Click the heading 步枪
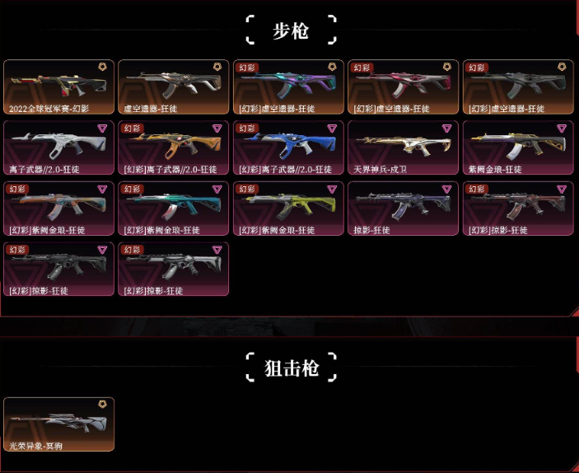290,30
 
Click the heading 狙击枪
290,367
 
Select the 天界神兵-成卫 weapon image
403,146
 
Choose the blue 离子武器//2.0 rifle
287,146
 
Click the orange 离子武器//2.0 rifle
173,146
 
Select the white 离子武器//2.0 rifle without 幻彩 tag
58,146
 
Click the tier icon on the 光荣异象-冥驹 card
102,404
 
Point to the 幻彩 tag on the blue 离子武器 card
247,129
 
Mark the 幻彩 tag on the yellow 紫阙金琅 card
247,190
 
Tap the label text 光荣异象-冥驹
36,445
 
